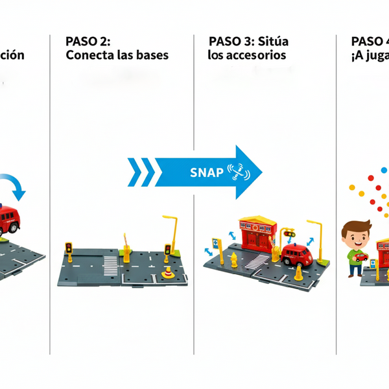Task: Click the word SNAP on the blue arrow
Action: pyautogui.click(x=206, y=172)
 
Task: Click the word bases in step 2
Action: pyautogui.click(x=151, y=55)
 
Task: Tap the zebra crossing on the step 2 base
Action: pyautogui.click(x=111, y=263)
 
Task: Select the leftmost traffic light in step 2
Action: pyautogui.click(x=68, y=249)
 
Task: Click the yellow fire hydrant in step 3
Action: pyautogui.click(x=233, y=259)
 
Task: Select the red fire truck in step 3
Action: pyautogui.click(x=296, y=255)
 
